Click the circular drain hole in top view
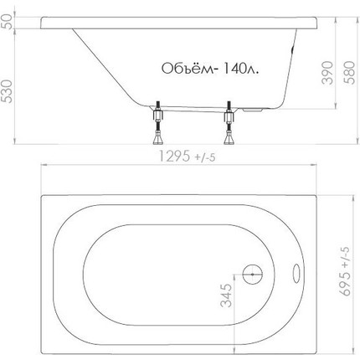pos(251,273)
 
